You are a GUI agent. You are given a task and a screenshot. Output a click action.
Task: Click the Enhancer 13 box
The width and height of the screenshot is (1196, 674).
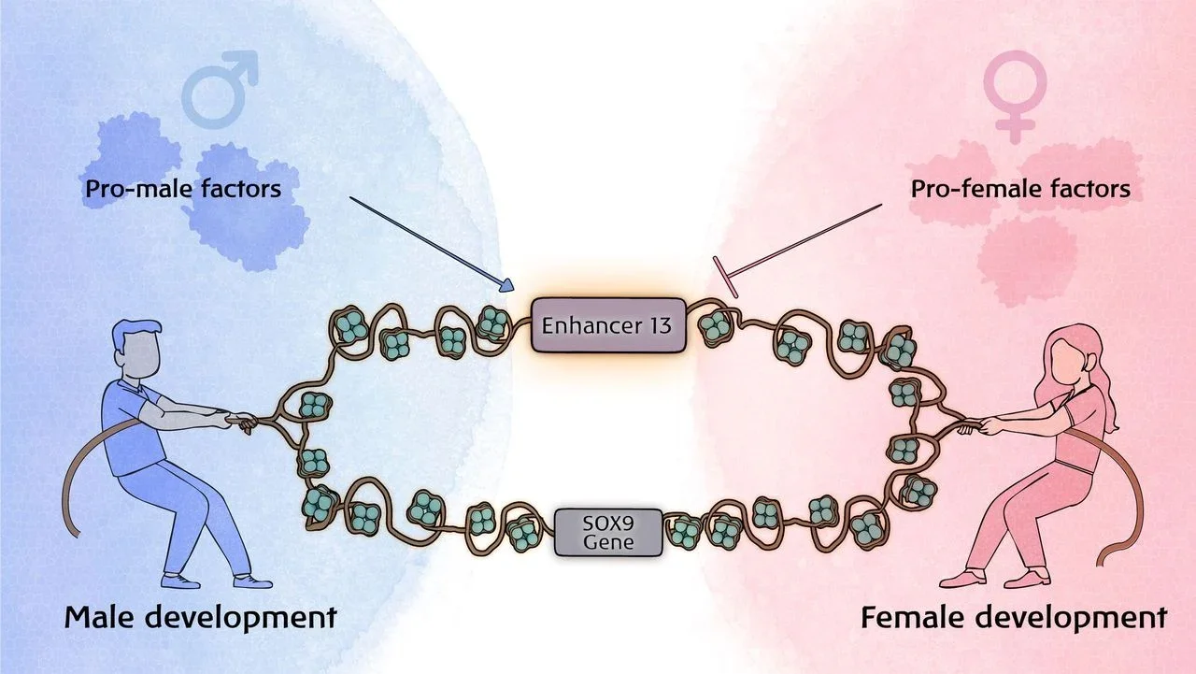608,325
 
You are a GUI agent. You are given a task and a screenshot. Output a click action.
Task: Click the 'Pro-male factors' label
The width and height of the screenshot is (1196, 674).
183,189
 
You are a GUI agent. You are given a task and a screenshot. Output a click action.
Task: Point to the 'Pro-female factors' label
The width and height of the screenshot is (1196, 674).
1019,189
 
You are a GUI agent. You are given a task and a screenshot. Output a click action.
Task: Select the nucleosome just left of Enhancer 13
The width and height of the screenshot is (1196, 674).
491,323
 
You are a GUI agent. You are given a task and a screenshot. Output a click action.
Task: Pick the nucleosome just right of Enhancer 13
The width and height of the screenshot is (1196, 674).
716,325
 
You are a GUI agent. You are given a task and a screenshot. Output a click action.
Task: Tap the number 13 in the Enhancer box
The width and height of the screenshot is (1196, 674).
659,326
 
